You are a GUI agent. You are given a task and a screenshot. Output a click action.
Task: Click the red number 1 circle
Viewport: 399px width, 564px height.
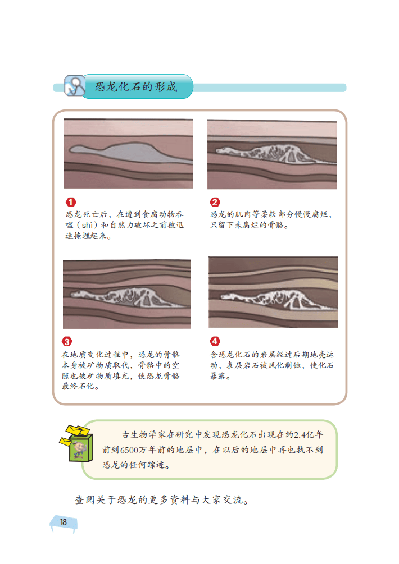[x=71, y=202]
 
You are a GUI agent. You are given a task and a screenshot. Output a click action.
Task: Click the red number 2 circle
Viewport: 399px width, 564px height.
[x=215, y=202]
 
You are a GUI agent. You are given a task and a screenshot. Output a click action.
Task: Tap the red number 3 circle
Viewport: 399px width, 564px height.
[x=67, y=341]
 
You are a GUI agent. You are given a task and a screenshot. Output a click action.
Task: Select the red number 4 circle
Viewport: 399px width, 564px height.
[x=215, y=341]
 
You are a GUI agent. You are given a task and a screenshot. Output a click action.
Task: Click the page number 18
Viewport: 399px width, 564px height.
[x=64, y=522]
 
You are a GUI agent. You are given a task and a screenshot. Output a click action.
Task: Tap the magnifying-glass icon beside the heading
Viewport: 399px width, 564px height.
[x=75, y=86]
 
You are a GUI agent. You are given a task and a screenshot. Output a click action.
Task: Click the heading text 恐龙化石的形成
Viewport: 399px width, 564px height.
[x=136, y=86]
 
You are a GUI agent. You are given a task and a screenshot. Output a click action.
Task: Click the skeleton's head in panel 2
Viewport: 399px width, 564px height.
[x=223, y=150]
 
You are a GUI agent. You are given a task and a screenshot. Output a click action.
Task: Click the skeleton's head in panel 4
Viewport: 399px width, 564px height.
[x=228, y=297]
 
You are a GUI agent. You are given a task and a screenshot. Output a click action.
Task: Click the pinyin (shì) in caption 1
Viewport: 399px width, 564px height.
[x=87, y=225]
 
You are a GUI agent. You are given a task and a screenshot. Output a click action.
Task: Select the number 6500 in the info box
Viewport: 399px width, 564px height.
[x=130, y=450]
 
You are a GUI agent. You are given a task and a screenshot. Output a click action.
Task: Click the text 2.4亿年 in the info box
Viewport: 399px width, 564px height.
[x=309, y=435]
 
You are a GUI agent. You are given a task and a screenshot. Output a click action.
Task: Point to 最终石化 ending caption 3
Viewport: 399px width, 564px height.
[x=78, y=386]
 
